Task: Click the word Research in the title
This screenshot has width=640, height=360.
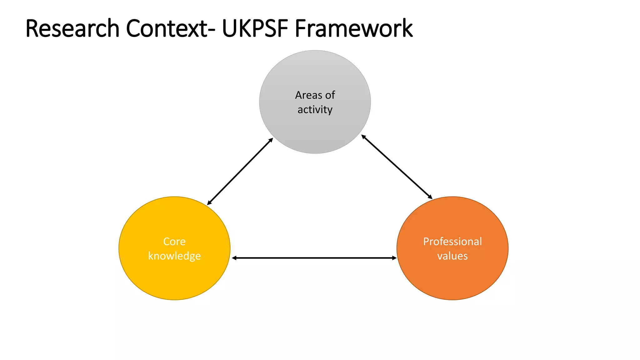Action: (72, 28)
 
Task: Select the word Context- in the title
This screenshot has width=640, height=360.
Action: (170, 28)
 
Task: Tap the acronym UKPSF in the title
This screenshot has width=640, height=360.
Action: (255, 28)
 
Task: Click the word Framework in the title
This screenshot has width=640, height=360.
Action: (353, 28)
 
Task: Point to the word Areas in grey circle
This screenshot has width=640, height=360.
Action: (308, 95)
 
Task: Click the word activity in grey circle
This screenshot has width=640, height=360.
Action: (315, 110)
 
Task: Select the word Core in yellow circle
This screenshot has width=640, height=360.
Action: (174, 242)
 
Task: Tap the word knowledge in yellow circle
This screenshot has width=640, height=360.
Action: (174, 256)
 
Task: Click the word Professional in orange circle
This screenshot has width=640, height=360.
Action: (452, 242)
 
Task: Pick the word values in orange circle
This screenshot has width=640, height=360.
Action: (452, 256)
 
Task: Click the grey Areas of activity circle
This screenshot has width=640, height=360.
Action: (315, 131)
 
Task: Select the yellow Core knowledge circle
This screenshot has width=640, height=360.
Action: (174, 278)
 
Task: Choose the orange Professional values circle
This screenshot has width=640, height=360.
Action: (452, 278)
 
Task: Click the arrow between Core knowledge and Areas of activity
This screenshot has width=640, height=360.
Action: (240, 172)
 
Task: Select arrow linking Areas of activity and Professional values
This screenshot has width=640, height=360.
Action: (397, 167)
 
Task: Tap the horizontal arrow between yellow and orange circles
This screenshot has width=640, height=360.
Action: (314, 258)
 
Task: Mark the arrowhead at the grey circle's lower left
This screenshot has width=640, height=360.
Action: (271, 140)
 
